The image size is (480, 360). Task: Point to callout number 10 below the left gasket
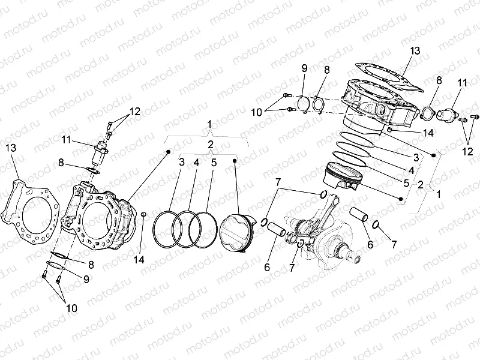pyautogui.click(x=71, y=308)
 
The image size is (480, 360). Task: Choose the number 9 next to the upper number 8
pyautogui.click(x=304, y=68)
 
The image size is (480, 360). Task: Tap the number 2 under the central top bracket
pyautogui.click(x=210, y=145)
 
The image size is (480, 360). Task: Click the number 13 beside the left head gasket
pyautogui.click(x=11, y=148)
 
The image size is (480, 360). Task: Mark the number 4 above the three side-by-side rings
pyautogui.click(x=196, y=162)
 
